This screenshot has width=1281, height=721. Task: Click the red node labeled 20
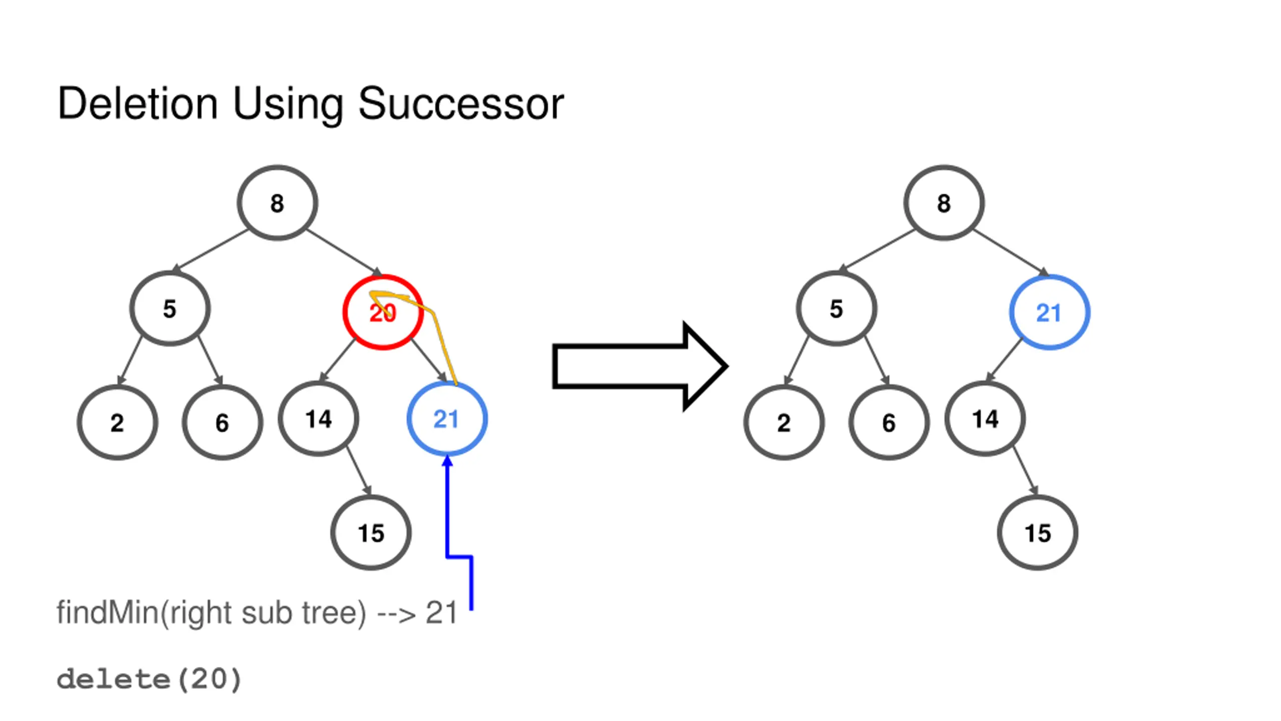[383, 312]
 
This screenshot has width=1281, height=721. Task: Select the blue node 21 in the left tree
[447, 419]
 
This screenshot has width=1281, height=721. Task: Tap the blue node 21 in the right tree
[1049, 312]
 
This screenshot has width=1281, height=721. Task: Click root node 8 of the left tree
[277, 203]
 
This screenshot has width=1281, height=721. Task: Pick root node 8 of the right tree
[944, 203]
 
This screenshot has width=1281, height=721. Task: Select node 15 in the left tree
[371, 533]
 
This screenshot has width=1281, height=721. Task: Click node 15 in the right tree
[1037, 533]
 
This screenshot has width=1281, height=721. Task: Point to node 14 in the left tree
[319, 419]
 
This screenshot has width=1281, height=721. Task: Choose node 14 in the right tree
[985, 419]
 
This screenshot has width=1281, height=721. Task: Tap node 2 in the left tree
[117, 423]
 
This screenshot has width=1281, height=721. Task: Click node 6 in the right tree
[889, 423]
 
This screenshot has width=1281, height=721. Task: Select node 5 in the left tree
[170, 308]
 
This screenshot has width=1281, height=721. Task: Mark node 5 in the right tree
[836, 308]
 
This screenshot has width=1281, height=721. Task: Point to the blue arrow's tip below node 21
[447, 460]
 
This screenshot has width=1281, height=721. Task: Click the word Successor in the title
[461, 104]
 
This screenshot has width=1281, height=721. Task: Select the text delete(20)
[149, 679]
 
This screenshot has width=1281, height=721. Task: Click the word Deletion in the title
[138, 104]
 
